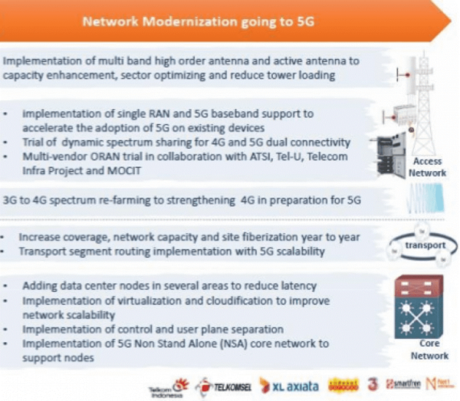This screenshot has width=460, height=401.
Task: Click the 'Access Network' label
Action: click(427, 166)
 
